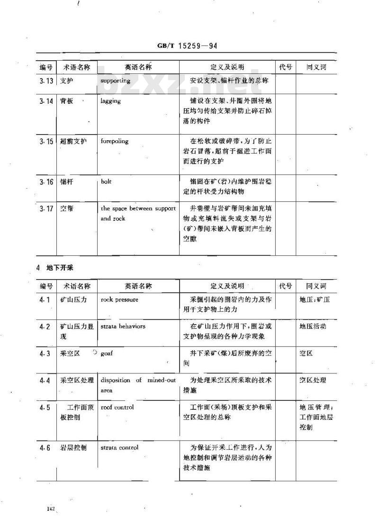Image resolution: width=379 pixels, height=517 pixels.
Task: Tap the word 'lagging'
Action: [111, 101]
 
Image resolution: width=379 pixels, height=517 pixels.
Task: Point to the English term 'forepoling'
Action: [115, 141]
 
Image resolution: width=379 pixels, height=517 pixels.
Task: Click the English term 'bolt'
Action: [106, 181]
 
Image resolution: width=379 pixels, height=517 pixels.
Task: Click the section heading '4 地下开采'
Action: [55, 268]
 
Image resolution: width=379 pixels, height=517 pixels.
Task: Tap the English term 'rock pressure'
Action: [120, 299]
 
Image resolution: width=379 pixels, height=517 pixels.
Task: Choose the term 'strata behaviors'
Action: [123, 327]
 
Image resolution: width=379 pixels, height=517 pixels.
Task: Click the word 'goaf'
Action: [108, 354]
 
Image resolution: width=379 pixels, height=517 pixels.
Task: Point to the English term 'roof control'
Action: [117, 407]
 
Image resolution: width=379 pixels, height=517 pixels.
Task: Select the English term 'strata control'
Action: [119, 447]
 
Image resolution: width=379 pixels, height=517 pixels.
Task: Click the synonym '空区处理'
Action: [313, 380]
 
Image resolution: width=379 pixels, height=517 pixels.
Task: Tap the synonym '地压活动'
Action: [313, 327]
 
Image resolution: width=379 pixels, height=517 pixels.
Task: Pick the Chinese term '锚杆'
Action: [67, 181]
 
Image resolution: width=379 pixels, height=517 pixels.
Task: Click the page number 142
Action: [52, 508]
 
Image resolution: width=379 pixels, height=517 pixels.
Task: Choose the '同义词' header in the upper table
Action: [316, 67]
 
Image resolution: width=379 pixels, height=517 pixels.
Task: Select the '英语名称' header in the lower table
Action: [138, 286]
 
